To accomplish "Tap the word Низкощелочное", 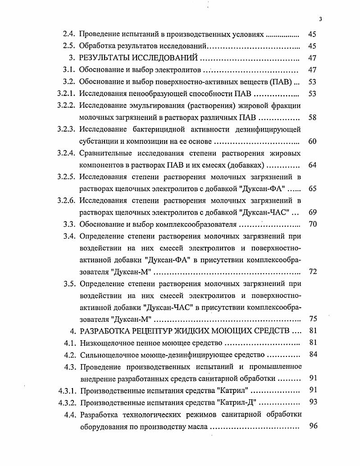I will [x=106, y=343].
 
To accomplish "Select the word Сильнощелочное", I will [x=108, y=354].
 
